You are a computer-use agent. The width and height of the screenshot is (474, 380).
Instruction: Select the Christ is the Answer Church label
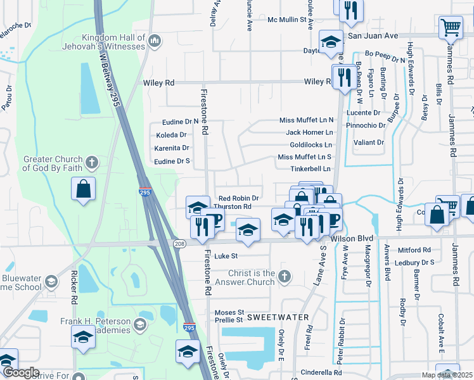click(x=252, y=277)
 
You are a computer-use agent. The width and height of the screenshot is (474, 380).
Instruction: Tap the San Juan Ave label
click(x=373, y=36)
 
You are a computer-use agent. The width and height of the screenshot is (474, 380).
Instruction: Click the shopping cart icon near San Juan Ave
click(x=450, y=28)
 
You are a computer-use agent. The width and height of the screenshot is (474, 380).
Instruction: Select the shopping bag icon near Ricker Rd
click(x=84, y=189)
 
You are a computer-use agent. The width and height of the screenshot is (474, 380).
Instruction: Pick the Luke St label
click(x=226, y=256)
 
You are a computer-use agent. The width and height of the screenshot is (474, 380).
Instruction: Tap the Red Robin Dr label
click(x=238, y=198)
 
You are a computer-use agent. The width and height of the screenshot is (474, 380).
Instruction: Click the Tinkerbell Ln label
click(x=311, y=169)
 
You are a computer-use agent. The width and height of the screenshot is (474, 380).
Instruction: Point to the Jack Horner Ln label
click(x=309, y=132)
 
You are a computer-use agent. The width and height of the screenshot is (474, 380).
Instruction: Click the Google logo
click(x=20, y=372)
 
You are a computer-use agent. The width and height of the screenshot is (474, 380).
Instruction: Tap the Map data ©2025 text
click(x=446, y=375)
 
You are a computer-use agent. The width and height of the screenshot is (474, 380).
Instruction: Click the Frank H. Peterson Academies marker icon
click(x=140, y=325)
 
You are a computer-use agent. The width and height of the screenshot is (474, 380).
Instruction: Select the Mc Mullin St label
click(x=287, y=20)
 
